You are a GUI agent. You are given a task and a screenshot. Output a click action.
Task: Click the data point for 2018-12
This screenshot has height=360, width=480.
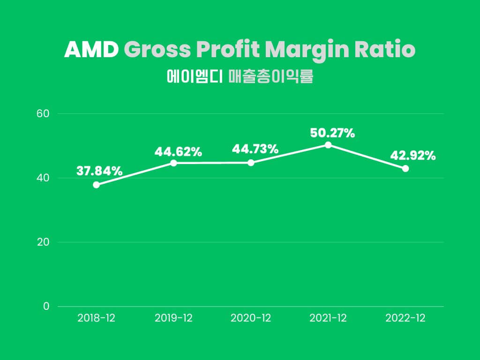coord(96,185)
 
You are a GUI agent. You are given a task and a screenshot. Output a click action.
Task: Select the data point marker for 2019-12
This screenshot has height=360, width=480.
coord(173,163)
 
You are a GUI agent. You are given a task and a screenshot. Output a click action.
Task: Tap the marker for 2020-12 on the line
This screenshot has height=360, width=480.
coord(251,163)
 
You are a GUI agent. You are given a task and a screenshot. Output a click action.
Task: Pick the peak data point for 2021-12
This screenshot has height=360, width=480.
coord(328,145)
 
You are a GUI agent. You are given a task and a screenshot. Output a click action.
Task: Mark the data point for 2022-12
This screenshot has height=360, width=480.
coord(405,168)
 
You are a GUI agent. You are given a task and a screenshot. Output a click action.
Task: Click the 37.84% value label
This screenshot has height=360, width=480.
coord(99,171)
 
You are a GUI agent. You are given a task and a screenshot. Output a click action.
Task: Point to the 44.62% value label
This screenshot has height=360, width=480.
coord(178,152)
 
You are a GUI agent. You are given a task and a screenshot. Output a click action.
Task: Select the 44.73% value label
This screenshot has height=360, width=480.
coord(255,150)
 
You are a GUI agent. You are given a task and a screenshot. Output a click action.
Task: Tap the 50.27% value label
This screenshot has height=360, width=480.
coord(332,133)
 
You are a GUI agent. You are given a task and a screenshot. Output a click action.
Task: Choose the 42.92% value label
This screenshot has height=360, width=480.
coord(413,155)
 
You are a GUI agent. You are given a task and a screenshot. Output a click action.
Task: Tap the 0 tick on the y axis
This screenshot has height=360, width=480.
coord(46,307)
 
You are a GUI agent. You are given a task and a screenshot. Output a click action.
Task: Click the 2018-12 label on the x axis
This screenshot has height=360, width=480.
coord(96,318)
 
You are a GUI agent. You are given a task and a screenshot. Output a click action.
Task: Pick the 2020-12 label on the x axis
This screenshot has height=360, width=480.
coord(251,318)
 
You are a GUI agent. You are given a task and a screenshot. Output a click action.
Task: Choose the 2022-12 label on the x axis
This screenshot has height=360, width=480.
coord(405,318)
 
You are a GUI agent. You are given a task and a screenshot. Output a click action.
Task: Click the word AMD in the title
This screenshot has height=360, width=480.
coord(91,50)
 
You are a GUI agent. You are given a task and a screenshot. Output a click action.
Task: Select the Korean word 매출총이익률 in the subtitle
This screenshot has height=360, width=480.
coord(270,77)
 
